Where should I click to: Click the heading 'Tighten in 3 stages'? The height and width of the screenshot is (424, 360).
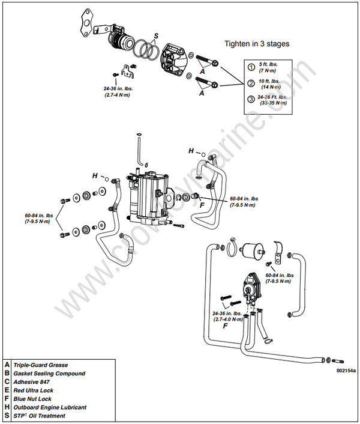[257, 44]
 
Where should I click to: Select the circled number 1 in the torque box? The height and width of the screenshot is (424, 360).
[251, 67]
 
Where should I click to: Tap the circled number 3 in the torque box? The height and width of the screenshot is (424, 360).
[251, 99]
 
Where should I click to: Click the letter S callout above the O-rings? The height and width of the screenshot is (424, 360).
[156, 36]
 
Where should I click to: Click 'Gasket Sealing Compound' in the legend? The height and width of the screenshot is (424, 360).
[49, 374]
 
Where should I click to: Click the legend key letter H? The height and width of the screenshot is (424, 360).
[7, 407]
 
